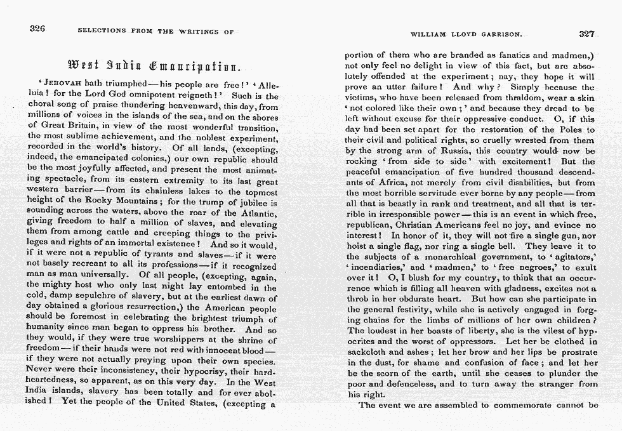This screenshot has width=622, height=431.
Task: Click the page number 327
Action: tap(587, 33)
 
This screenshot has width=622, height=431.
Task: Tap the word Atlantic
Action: tap(259, 214)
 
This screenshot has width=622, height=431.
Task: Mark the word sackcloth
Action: tap(369, 352)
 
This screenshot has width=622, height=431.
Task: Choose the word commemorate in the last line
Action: tap(529, 406)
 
